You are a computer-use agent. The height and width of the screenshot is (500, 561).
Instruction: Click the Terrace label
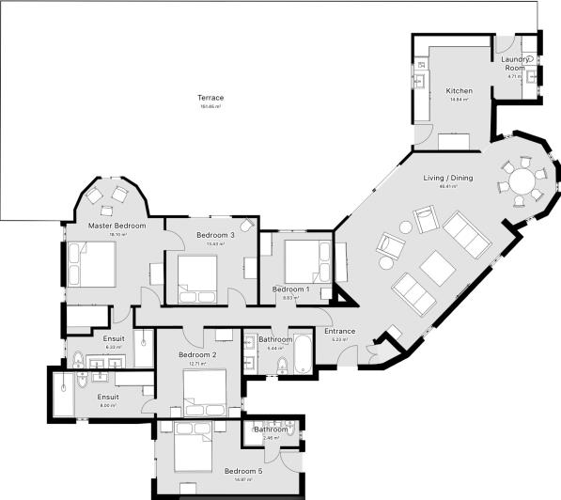tap(210, 98)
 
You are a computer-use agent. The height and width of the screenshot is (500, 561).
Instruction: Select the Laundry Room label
tap(515, 64)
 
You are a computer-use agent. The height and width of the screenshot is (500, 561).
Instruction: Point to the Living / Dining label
tap(449, 178)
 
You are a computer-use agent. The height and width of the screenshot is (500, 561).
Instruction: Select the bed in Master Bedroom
tap(90, 263)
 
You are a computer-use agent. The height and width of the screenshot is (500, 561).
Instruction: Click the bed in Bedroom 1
tap(305, 260)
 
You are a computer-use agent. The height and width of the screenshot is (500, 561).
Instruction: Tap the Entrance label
tap(339, 331)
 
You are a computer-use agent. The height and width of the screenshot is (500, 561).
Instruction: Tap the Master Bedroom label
tap(117, 226)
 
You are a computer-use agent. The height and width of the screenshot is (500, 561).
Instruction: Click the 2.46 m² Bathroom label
tap(271, 430)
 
